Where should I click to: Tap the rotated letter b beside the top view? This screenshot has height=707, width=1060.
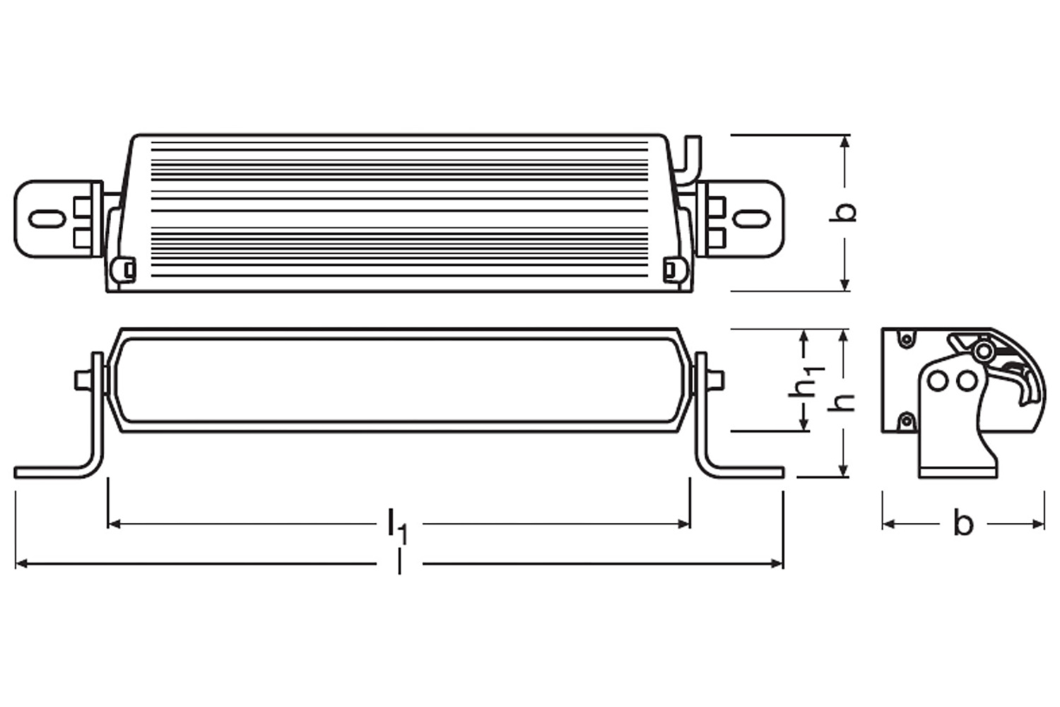click(844, 211)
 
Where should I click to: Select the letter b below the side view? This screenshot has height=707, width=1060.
click(962, 524)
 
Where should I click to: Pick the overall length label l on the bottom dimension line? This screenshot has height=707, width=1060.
click(399, 563)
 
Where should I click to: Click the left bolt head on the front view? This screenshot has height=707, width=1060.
click(82, 380)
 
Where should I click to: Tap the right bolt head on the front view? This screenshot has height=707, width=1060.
click(716, 380)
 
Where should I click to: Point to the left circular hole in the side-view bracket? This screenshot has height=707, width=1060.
click(938, 382)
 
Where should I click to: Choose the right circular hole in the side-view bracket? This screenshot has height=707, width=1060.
click(966, 382)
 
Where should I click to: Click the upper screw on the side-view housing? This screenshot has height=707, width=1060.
click(905, 340)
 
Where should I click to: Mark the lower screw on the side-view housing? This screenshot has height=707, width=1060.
click(905, 422)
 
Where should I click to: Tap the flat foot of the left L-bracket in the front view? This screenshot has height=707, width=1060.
click(49, 472)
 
